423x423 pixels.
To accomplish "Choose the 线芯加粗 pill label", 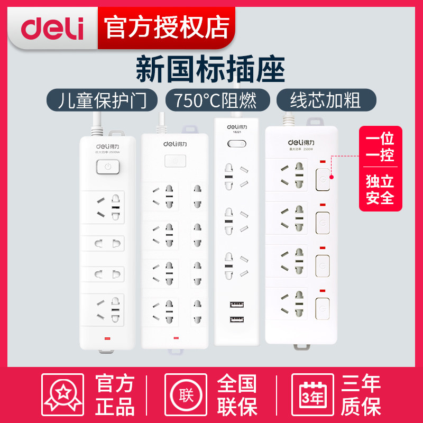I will [x=326, y=100].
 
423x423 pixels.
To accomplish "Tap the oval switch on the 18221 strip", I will [x=235, y=144].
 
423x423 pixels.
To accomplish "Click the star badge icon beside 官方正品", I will [x=63, y=394].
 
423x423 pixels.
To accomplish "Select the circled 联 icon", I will [x=186, y=394].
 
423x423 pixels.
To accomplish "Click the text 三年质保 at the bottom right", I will [x=361, y=395].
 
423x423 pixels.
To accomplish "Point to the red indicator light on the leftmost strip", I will [x=108, y=338].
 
